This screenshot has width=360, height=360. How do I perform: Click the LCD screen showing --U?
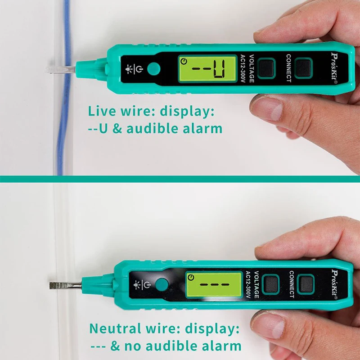point(208,69)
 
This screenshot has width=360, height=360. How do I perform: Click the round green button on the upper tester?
point(154,69)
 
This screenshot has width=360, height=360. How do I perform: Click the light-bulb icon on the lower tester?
point(136,284)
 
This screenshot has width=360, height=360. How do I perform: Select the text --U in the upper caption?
point(98,129)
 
